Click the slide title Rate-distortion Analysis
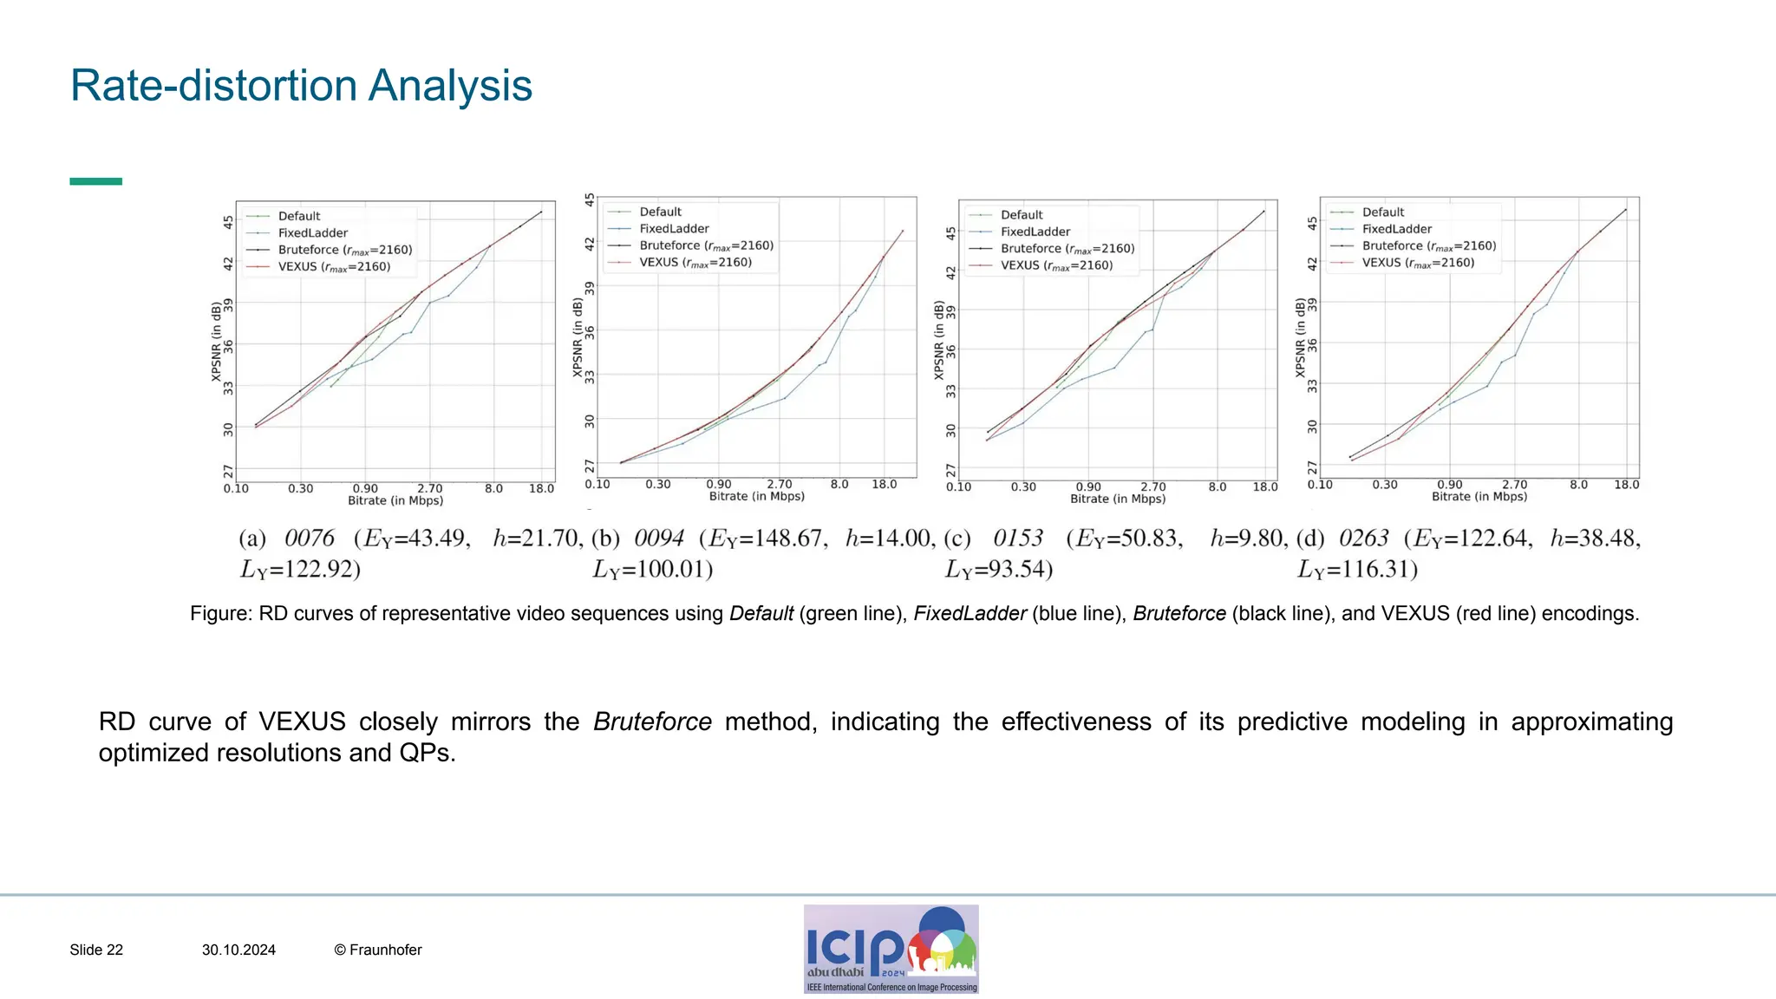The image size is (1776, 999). click(x=301, y=86)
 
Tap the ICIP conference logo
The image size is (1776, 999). click(x=891, y=949)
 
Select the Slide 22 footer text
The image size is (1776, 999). click(x=96, y=950)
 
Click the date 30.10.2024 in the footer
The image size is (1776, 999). click(x=238, y=950)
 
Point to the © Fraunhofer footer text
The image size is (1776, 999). click(x=378, y=950)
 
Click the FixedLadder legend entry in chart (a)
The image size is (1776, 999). click(x=312, y=233)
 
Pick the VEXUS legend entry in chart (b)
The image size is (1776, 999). click(x=695, y=263)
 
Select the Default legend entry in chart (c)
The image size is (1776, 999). click(x=1022, y=215)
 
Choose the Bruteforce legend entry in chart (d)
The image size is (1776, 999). click(x=1428, y=246)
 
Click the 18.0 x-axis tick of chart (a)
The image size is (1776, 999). click(x=541, y=489)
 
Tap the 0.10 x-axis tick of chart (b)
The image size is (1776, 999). click(x=597, y=485)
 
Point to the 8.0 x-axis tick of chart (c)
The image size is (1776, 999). click(x=1218, y=487)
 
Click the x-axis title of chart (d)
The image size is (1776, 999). click(x=1479, y=497)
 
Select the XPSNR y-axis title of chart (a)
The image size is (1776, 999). click(x=217, y=342)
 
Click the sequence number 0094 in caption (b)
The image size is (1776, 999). click(x=659, y=539)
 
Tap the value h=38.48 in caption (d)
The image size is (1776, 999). click(x=1594, y=539)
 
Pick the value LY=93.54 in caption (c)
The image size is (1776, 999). click(x=999, y=570)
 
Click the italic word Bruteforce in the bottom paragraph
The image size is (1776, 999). click(x=652, y=721)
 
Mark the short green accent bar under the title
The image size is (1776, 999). click(x=95, y=181)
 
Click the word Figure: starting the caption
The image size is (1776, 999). click(x=221, y=614)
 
